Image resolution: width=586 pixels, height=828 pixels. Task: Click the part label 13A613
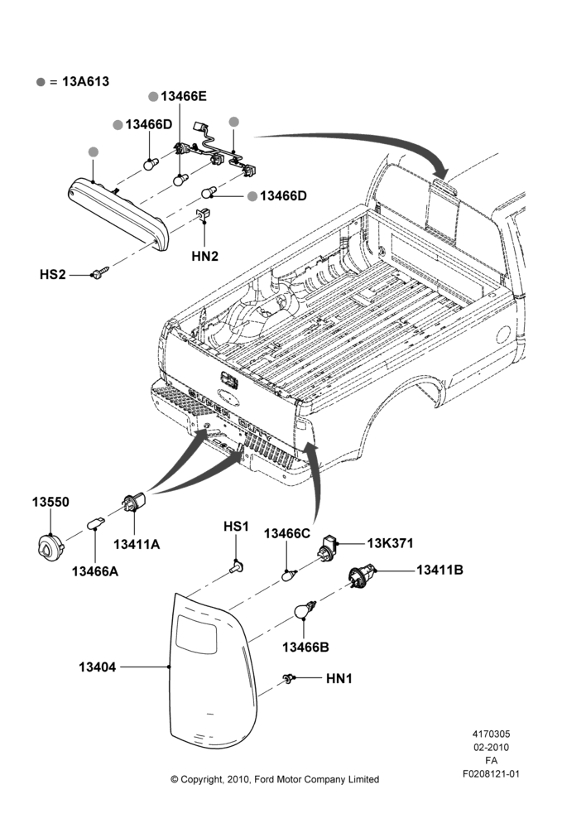coord(85,81)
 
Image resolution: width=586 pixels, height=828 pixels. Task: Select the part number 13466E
coord(184,96)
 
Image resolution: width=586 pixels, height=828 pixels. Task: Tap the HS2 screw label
coord(53,275)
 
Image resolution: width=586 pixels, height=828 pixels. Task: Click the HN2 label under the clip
coord(204,256)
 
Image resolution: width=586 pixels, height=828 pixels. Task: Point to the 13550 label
coord(50,502)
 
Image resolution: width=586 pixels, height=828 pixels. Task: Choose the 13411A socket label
coord(137,544)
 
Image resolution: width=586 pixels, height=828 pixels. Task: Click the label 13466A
coord(95,571)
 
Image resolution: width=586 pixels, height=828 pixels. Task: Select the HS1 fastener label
coord(236,527)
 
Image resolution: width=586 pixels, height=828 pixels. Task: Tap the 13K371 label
coord(390,543)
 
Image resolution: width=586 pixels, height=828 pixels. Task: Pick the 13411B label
coord(439,570)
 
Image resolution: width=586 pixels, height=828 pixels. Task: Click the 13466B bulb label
coord(305,647)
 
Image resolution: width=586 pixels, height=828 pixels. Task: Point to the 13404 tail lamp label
coord(97,667)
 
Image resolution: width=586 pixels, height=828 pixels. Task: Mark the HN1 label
coord(339,678)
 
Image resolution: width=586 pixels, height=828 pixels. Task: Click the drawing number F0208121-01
coord(491,773)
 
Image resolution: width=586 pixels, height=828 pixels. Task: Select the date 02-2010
coord(491,747)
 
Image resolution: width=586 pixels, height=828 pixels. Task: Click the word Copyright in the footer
coord(200,779)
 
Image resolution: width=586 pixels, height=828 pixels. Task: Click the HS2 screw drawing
coord(99,273)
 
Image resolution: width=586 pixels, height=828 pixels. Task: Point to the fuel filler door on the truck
coord(503,335)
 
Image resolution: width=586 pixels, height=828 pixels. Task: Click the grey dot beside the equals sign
coord(41,82)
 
